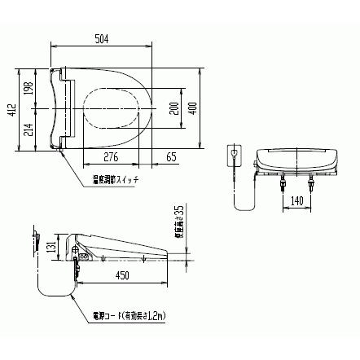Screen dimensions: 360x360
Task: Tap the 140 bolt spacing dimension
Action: [298, 200]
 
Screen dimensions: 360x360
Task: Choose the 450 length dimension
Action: [123, 276]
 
